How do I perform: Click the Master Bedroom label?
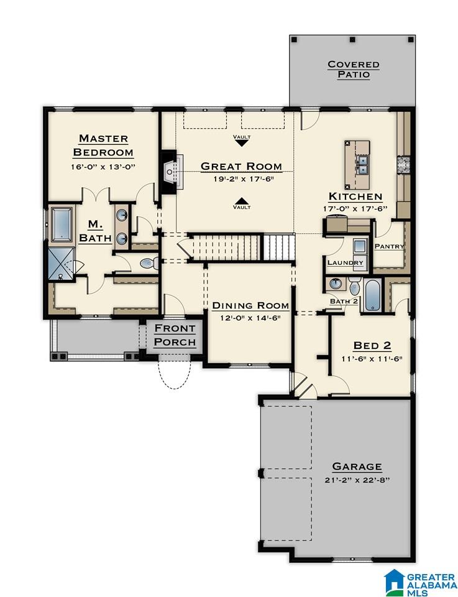tap(103, 145)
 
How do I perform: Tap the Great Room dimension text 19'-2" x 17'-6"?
tap(244, 179)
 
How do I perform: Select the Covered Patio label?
tap(354, 69)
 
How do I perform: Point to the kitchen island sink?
tap(363, 164)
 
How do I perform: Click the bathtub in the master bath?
tap(62, 224)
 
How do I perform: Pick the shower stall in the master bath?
tap(62, 263)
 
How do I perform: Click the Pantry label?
tap(389, 246)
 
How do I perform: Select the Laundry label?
tap(346, 262)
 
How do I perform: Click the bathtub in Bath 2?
tap(372, 295)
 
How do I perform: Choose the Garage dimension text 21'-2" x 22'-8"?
tap(357, 479)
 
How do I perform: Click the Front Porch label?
tap(175, 335)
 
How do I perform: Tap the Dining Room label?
tap(250, 305)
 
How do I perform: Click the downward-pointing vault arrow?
tap(242, 143)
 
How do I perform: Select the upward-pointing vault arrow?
tap(241, 201)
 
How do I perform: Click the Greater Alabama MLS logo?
tap(420, 583)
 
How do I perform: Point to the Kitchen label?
tap(355, 197)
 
